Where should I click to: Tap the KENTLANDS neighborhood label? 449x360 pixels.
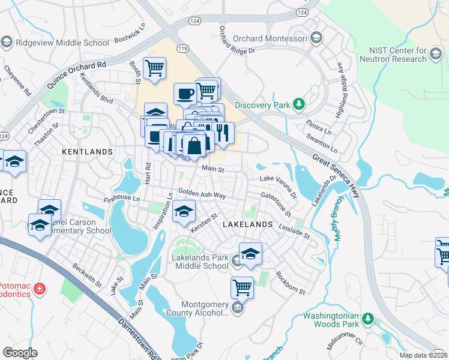[x=88, y=152]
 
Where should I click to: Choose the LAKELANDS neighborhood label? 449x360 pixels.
[x=248, y=224]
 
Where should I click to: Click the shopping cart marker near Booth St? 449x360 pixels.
[x=155, y=68]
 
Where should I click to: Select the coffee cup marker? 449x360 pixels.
[x=185, y=93]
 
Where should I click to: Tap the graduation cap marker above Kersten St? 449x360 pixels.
[x=184, y=212]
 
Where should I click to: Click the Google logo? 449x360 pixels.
[x=20, y=353]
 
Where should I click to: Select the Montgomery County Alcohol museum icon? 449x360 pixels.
[x=238, y=308]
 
